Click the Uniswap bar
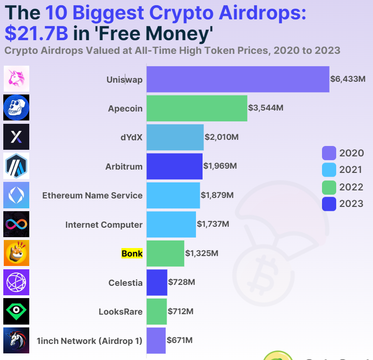coord(237,79)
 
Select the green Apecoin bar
coord(196,108)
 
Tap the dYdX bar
coord(175,137)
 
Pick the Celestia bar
coord(157,283)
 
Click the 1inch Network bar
coord(156,340)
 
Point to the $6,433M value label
coord(348,79)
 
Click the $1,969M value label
coord(220,166)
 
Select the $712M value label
coord(181,311)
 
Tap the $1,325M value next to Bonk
coord(202,253)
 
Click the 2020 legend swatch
coord(329,153)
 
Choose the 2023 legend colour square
coord(329,204)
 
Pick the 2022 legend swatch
coord(329,187)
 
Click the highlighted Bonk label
coord(132,253)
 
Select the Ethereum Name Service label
coord(92,195)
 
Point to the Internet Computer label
coord(104,224)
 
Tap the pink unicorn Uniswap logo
coord(17,78)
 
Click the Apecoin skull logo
coord(17,108)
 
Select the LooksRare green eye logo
coord(17,311)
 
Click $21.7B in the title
coord(36,33)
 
